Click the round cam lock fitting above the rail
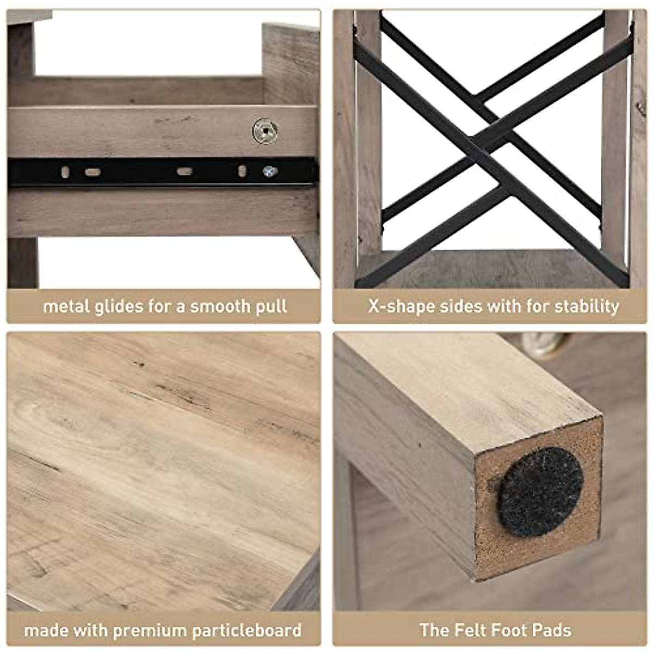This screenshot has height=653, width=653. pos(266,131)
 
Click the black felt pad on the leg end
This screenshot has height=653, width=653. pos(541,491)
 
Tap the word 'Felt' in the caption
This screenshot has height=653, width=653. pos(470,631)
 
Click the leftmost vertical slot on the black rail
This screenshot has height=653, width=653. pos(65,172)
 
